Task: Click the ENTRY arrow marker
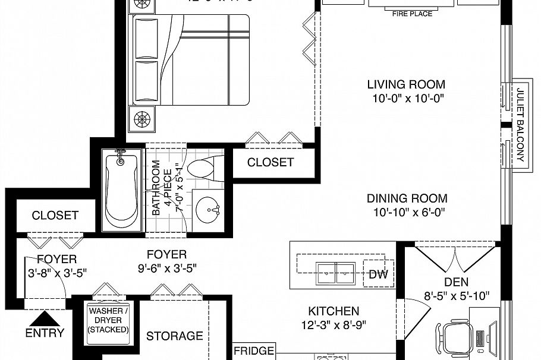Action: coord(44,318)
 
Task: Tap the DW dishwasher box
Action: coord(378,274)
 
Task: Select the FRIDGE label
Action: coord(254,351)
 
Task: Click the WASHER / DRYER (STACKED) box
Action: coord(109,320)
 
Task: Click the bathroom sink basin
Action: coord(207,209)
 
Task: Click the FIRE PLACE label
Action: coord(411,13)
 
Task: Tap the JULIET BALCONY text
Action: coord(520,125)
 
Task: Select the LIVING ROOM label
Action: coord(405,84)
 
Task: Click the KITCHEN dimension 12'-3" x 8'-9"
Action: coord(333,325)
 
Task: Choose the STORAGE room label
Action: coord(175,336)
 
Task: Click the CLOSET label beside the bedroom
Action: coord(270,162)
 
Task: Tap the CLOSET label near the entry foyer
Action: coord(55,215)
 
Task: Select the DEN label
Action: coord(457,282)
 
